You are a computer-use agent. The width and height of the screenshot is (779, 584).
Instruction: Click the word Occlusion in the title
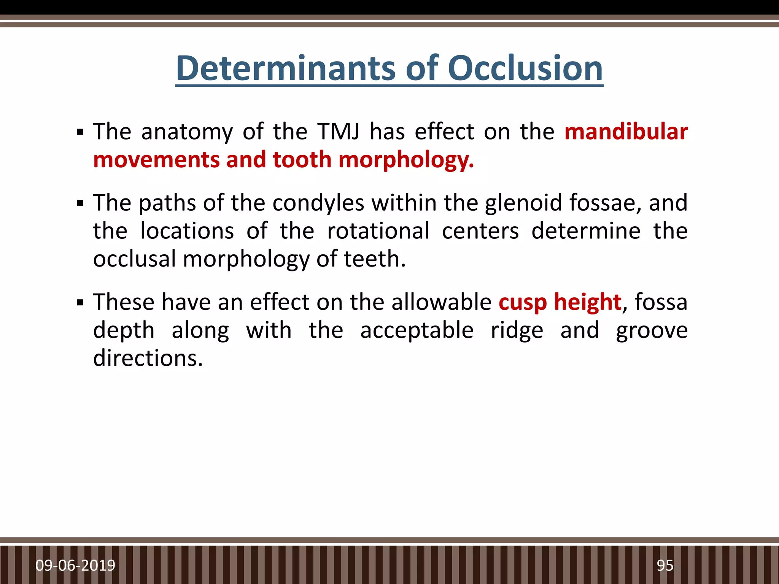click(x=525, y=68)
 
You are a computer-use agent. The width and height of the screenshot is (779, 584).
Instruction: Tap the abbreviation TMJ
click(x=339, y=132)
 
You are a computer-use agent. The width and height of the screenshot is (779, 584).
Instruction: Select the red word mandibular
click(x=626, y=132)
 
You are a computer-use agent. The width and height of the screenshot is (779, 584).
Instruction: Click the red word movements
click(x=156, y=160)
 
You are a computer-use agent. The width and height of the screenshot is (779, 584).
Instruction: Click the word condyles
click(x=318, y=203)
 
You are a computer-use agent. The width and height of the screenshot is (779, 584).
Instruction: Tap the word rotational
click(x=378, y=231)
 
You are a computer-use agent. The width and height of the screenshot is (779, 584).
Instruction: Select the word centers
click(x=480, y=231)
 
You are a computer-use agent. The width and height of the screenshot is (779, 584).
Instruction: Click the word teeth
click(x=374, y=259)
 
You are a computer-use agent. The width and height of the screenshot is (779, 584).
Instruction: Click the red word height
click(x=588, y=302)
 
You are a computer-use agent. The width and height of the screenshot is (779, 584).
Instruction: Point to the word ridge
click(x=517, y=330)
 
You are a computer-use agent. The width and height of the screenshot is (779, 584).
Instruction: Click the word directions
click(x=148, y=358)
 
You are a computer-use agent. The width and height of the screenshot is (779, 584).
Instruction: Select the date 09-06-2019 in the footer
click(x=75, y=565)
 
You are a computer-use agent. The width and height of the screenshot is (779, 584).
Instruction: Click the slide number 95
click(x=665, y=565)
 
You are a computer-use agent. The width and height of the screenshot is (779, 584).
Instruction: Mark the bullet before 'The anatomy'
click(x=80, y=133)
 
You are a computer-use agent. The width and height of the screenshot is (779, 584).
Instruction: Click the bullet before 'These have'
click(x=80, y=303)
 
